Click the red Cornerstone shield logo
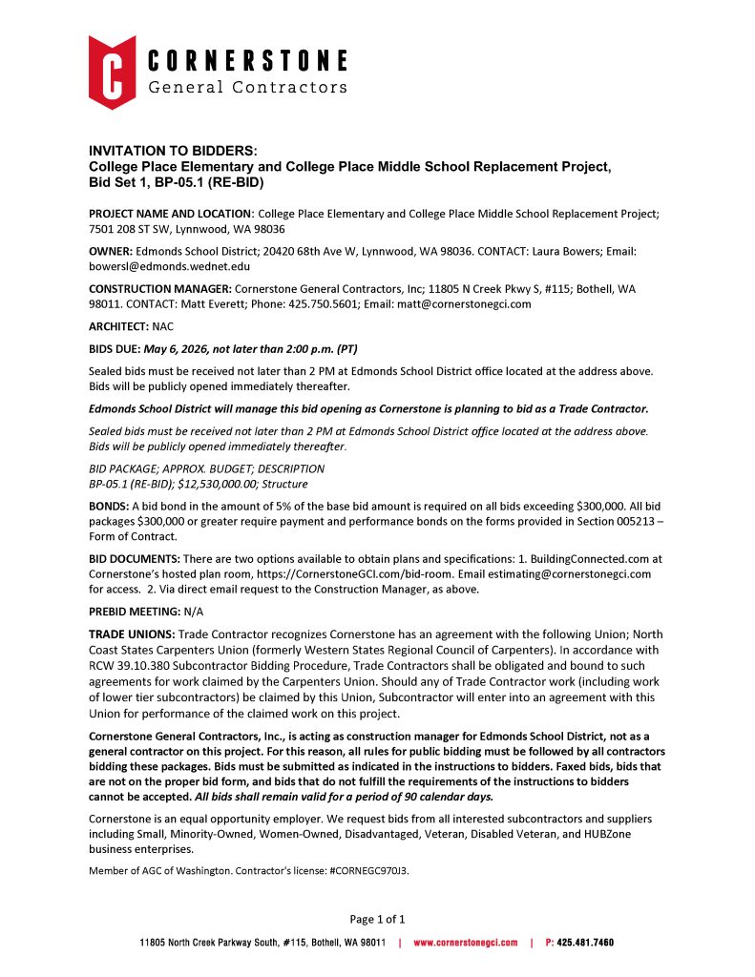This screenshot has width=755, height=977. click(112, 73)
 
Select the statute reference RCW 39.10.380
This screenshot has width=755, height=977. click(136, 664)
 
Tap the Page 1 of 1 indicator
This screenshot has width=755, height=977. click(378, 920)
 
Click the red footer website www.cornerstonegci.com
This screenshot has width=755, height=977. click(465, 943)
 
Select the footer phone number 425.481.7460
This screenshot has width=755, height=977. click(585, 943)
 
